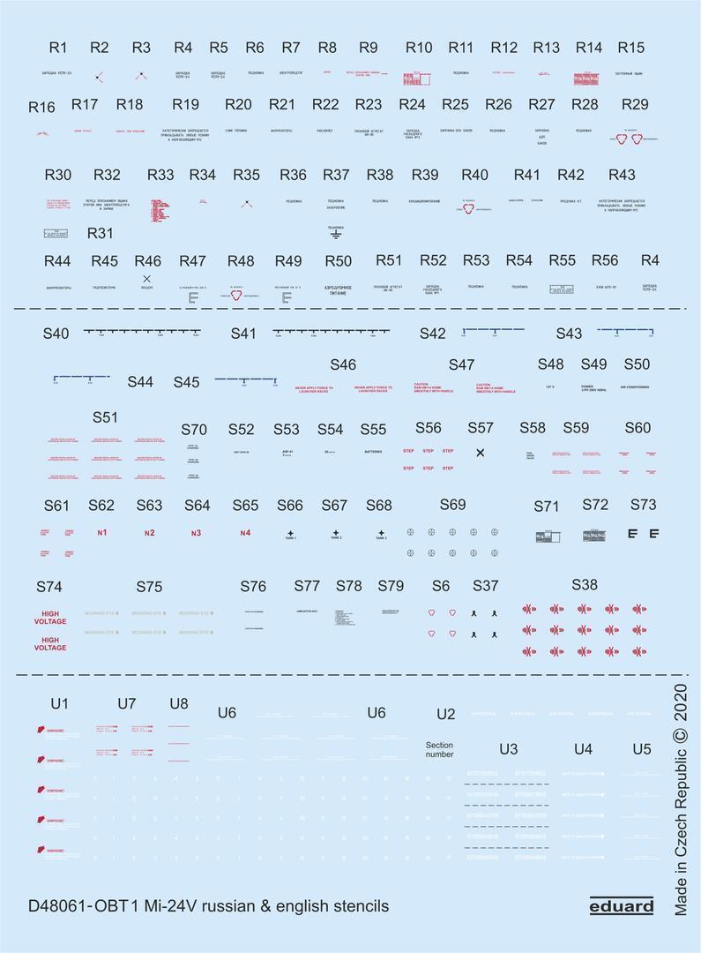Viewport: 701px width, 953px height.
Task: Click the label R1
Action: pos(58,48)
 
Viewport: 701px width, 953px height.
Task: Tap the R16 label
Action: pos(41,108)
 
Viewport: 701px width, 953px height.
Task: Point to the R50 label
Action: pos(339,261)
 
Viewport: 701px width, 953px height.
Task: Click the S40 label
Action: pos(56,334)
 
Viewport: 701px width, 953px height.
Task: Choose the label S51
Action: pos(105,416)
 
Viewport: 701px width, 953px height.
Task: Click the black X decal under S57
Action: pos(480,453)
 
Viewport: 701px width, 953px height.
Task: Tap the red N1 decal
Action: pos(102,533)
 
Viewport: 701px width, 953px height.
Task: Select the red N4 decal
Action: pos(245,533)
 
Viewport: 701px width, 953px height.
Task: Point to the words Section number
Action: pos(439,750)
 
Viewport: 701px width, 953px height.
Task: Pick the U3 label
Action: pos(508,749)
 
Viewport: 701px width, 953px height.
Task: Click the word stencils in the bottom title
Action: pos(361,906)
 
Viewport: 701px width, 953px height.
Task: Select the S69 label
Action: pos(452,505)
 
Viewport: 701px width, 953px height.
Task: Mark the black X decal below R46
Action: pos(146,278)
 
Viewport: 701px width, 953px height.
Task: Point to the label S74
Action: pos(49,587)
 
